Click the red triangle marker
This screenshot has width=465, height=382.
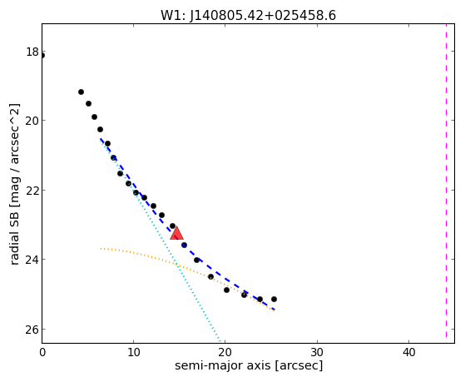176,233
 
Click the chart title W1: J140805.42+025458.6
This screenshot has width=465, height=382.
248,16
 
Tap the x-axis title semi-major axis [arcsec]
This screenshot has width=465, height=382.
249,365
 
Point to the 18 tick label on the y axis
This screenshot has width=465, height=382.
32,52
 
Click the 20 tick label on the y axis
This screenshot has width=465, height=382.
32,121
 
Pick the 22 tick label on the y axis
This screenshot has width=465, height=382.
32,191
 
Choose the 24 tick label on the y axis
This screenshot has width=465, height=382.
32,260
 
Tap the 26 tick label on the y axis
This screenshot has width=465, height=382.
32,330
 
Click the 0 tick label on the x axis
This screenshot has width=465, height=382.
42,352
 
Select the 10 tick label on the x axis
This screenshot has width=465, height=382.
134,352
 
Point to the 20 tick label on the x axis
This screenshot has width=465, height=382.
225,352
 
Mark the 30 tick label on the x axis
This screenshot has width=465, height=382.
317,352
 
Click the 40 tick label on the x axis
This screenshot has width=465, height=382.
408,352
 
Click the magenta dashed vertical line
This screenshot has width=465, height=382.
446,181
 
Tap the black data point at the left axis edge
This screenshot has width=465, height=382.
42,56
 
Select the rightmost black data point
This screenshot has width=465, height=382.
274,299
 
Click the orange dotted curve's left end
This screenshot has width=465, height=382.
101,248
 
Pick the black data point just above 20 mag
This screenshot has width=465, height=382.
94,117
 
